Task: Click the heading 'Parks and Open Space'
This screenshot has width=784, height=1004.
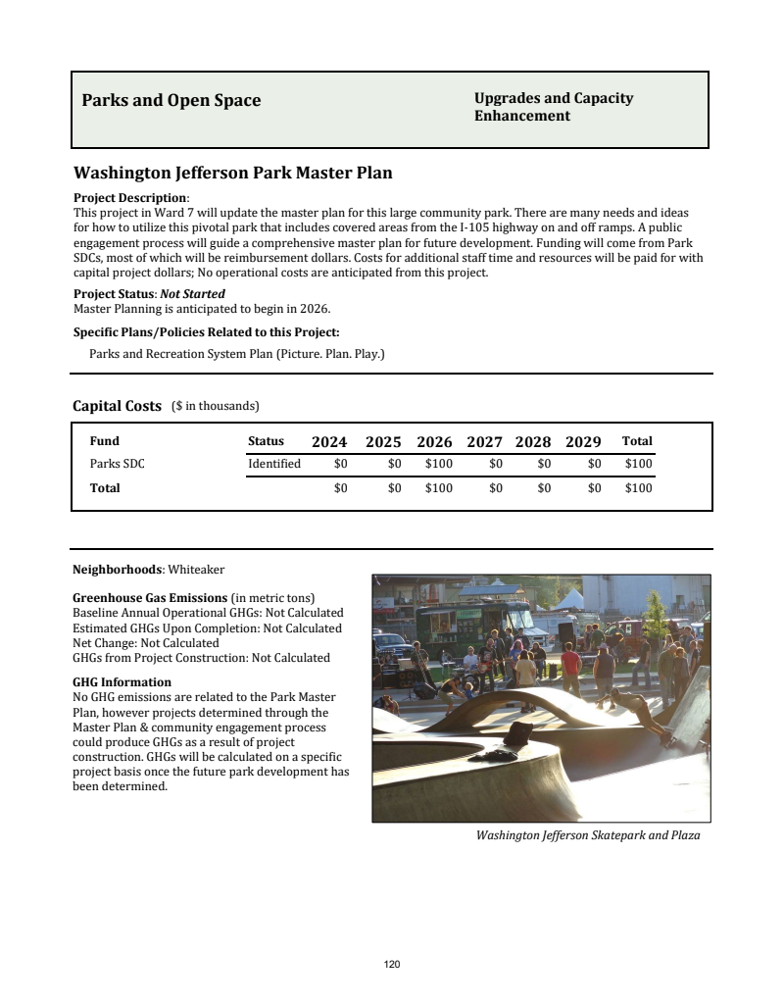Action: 171,100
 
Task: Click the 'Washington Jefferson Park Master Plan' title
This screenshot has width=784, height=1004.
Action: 232,174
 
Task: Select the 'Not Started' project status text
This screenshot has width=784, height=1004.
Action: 193,293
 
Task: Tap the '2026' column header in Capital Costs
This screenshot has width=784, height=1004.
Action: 434,442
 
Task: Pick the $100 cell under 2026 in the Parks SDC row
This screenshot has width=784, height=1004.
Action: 438,464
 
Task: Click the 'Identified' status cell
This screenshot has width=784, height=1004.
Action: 274,464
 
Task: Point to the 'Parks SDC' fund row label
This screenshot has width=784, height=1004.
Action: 117,464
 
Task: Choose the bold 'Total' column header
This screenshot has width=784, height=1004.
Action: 637,441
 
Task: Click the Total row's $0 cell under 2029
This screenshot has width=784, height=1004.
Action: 594,488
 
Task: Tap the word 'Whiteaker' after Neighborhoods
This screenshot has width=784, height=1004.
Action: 197,569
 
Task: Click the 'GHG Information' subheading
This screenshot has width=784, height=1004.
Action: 122,681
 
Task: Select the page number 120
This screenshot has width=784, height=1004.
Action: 392,965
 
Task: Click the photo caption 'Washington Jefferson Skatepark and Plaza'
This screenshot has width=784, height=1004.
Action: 588,835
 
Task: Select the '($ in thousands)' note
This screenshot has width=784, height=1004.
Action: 215,406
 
